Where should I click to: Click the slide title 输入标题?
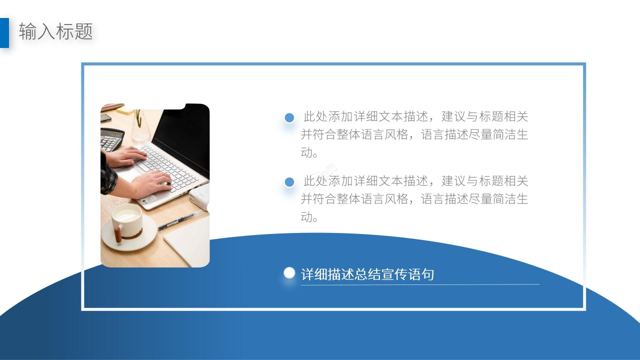coord(56,32)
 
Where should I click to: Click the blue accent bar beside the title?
coord(4,32)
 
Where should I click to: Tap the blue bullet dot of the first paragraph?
coord(289,118)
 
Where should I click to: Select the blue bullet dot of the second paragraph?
coord(289,182)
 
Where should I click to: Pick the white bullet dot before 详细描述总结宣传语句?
coord(289,273)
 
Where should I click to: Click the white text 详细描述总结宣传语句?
coord(367,274)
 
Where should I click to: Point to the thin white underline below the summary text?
coord(420,284)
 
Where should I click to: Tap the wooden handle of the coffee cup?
coord(118,234)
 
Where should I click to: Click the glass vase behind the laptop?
coord(140,127)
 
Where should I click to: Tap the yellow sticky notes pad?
coord(125,110)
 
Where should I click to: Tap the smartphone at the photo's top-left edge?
coord(105,118)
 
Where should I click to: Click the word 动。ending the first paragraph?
coord(309,152)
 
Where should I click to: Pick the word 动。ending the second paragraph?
coord(309,217)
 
